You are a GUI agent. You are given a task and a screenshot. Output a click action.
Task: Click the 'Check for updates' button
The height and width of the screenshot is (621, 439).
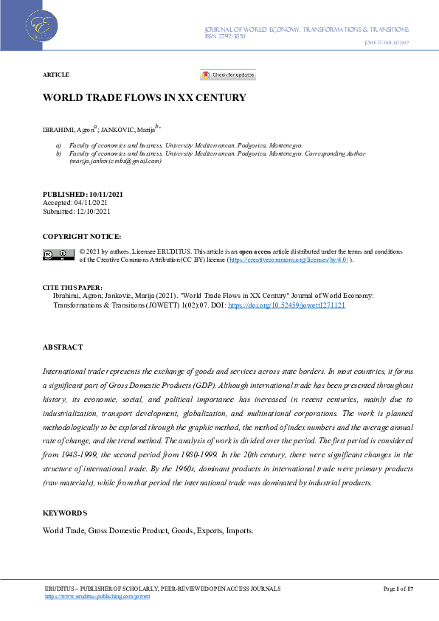(228, 75)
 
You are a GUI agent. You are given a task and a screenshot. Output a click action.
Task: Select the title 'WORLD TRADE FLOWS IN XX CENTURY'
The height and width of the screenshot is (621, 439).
(144, 97)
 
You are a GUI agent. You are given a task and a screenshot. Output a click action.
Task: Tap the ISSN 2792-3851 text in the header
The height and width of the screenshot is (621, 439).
(225, 36)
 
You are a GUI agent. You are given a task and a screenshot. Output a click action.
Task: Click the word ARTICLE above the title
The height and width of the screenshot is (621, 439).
(56, 75)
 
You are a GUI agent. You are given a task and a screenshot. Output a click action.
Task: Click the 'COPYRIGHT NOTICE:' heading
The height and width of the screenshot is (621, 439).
(81, 236)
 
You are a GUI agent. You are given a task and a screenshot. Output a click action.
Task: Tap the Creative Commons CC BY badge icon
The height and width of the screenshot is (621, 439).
(58, 254)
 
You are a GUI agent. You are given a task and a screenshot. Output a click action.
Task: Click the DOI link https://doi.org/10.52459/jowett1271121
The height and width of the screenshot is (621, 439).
(291, 305)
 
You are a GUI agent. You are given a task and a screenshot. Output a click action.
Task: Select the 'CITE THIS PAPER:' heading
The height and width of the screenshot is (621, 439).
(72, 287)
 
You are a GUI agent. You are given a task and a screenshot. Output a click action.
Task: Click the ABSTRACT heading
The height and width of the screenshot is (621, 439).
(63, 347)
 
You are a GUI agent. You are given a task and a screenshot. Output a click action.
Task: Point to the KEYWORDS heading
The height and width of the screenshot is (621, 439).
(64, 513)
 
